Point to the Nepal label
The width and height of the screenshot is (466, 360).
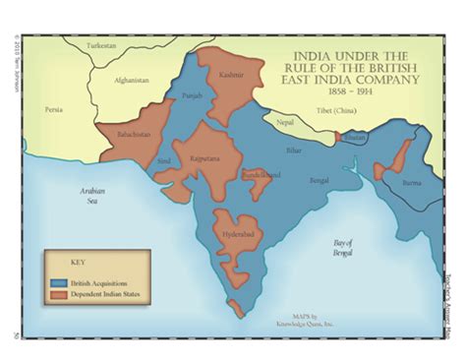(284, 122)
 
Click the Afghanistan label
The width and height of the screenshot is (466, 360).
(130, 80)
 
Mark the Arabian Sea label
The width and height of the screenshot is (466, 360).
(94, 198)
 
